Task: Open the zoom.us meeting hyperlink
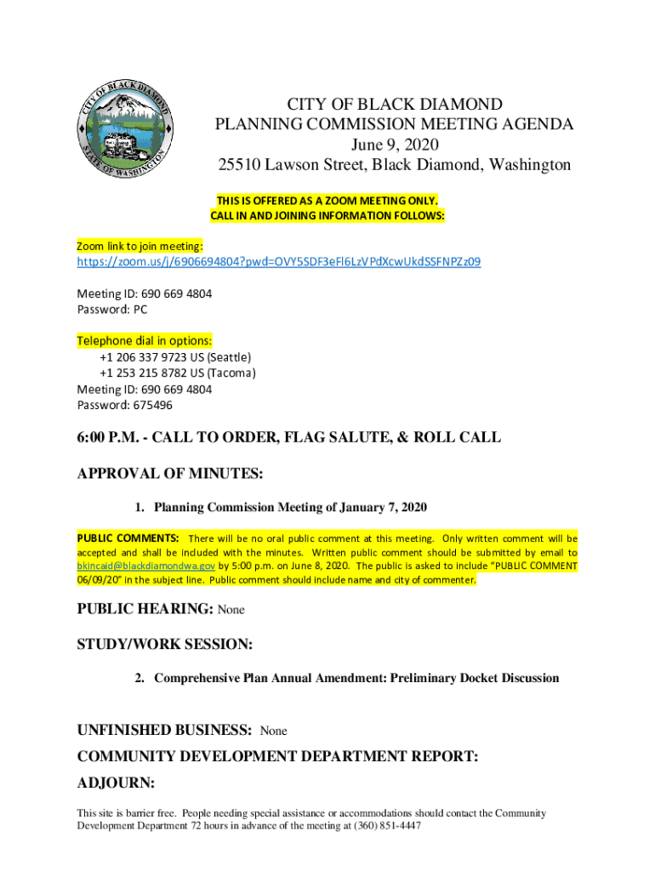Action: (278, 262)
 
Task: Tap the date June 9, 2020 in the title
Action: (394, 145)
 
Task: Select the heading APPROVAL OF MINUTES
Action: (170, 473)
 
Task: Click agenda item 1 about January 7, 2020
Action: (289, 508)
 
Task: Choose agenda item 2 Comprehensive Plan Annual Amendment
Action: (356, 678)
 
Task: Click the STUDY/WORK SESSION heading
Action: (165, 645)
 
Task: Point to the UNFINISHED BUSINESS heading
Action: (163, 730)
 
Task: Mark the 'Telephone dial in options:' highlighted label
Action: (145, 341)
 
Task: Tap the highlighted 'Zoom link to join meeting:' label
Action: (140, 246)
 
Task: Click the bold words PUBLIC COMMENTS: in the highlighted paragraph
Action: (128, 538)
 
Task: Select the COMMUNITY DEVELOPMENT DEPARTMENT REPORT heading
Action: (277, 755)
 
